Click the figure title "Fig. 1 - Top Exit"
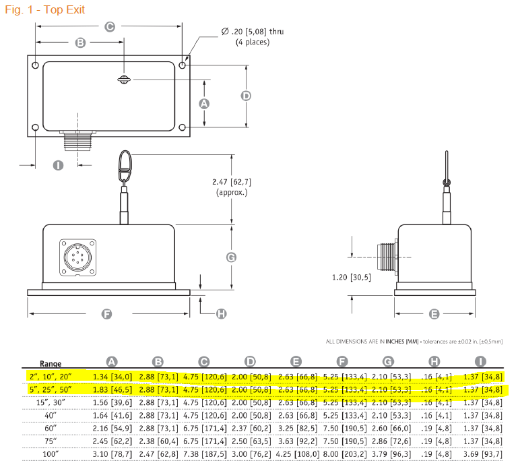click(45, 9)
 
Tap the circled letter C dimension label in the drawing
click(110, 26)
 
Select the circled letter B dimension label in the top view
click(80, 42)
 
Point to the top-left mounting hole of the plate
click(35, 65)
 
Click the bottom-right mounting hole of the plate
click(182, 127)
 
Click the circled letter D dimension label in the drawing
click(246, 96)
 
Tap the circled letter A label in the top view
click(204, 104)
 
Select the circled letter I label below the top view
click(58, 165)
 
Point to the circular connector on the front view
click(77, 257)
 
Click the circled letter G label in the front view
click(231, 257)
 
